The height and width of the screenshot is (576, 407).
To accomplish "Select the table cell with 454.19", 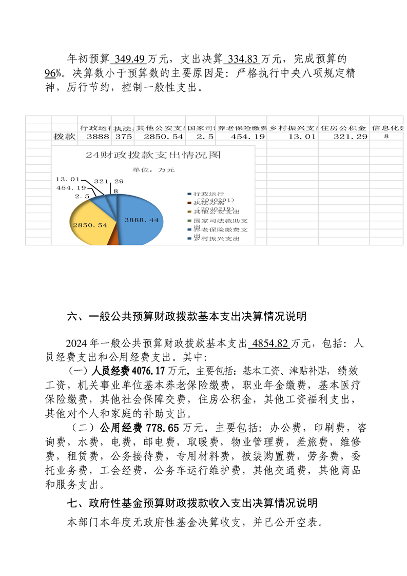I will pyautogui.click(x=241, y=137).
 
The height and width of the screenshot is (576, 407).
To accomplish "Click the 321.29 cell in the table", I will pyautogui.click(x=343, y=137).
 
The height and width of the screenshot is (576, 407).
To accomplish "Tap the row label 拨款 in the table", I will pyautogui.click(x=65, y=137).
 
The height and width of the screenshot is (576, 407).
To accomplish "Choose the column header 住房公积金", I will pyautogui.click(x=343, y=127).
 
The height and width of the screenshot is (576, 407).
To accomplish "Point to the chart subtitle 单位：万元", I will pyautogui.click(x=153, y=169).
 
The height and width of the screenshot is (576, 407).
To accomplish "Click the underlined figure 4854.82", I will pyautogui.click(x=269, y=344).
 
